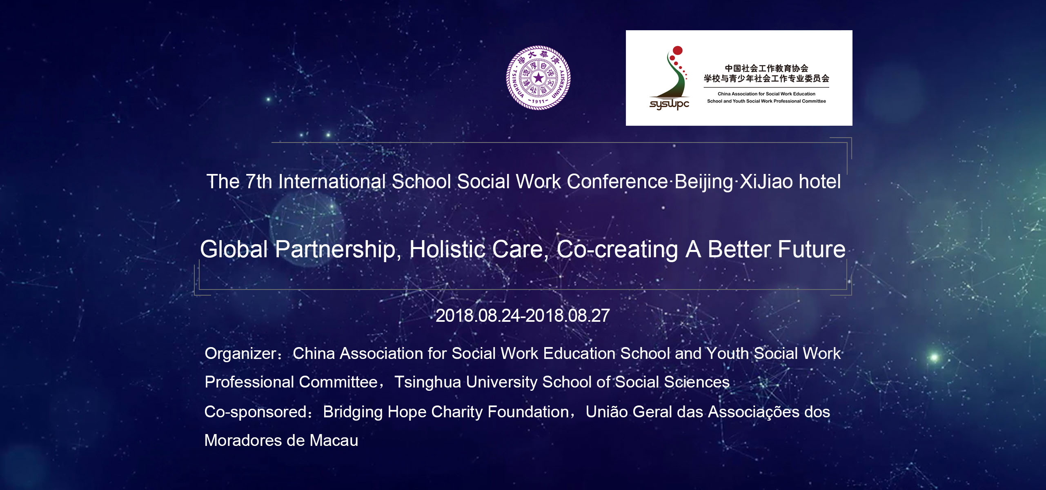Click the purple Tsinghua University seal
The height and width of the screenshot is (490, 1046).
click(x=539, y=78)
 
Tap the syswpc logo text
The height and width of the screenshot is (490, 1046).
click(x=669, y=104)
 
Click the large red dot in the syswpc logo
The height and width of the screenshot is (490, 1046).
click(x=678, y=51)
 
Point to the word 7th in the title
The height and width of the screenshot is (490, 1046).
click(x=259, y=182)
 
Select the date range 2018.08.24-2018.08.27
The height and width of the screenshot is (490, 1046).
click(x=523, y=316)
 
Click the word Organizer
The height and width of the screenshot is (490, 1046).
click(x=241, y=354)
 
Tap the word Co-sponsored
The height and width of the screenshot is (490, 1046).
click(x=256, y=412)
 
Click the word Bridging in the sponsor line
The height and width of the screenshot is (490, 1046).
click(x=353, y=412)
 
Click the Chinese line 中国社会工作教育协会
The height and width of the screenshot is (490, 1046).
click(x=767, y=68)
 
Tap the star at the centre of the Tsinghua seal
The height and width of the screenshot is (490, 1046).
click(x=539, y=78)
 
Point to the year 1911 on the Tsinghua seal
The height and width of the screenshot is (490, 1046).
click(x=538, y=101)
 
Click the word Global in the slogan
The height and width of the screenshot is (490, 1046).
click(x=234, y=249)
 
